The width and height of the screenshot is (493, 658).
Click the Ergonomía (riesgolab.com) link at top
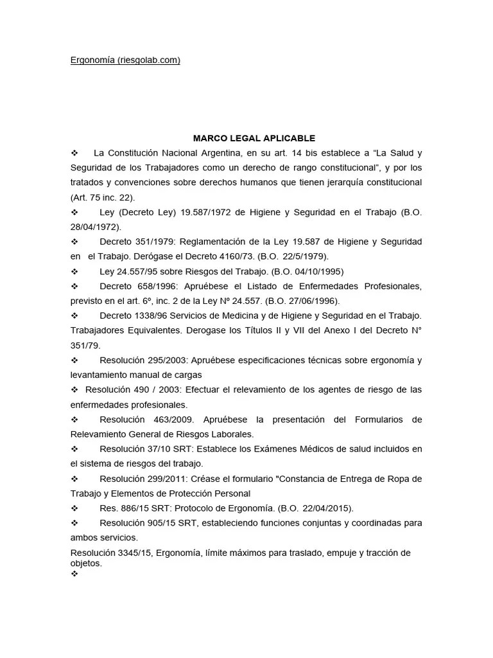pyautogui.click(x=125, y=60)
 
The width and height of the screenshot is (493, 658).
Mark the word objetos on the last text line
pyautogui.click(x=85, y=562)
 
